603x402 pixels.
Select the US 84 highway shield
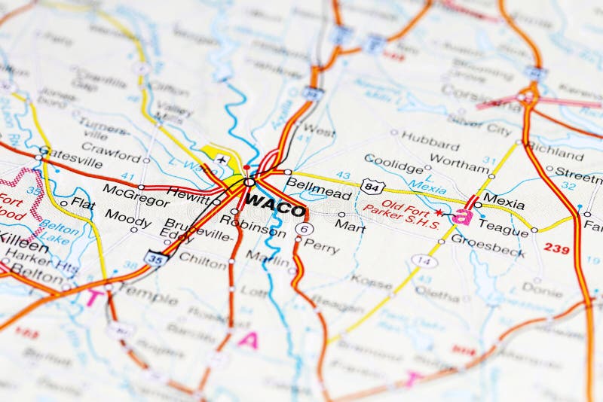click(x=372, y=186)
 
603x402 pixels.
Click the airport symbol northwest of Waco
click(x=222, y=159)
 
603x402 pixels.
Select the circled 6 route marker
click(x=305, y=228)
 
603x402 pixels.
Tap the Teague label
click(x=503, y=224)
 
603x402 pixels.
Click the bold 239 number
click(x=556, y=248)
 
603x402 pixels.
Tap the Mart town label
click(x=350, y=224)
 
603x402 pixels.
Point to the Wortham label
click(x=461, y=165)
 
